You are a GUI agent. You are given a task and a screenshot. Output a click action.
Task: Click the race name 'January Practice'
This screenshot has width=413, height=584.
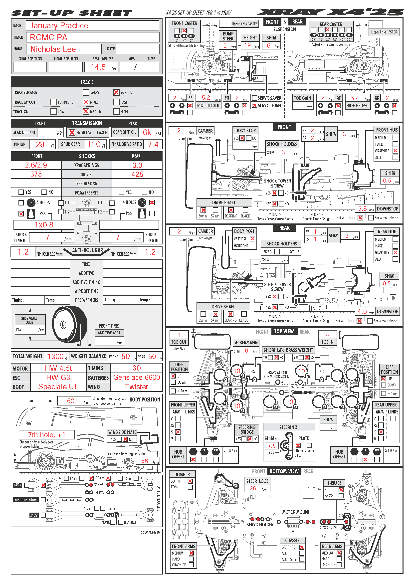tap(59, 25)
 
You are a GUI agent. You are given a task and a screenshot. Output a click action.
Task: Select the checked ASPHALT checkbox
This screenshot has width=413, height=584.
tap(116, 92)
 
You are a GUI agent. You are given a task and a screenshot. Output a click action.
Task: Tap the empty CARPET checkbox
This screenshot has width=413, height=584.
tap(86, 92)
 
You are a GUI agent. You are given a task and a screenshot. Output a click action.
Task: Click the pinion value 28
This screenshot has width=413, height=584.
tap(40, 145)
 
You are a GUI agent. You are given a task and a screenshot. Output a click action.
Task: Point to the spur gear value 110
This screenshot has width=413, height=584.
tap(94, 145)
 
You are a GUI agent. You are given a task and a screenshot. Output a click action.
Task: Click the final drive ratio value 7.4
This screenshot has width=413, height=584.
tap(153, 145)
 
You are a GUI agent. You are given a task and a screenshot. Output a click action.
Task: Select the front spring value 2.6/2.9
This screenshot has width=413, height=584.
tap(36, 165)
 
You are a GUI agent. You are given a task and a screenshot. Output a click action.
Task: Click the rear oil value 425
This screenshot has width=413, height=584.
tap(137, 174)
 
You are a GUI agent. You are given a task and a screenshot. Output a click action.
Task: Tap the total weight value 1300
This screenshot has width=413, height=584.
tap(55, 356)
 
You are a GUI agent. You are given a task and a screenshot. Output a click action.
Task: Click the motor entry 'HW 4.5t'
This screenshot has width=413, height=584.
tap(58, 368)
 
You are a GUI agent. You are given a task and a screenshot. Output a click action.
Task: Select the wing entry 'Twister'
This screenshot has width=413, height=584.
tap(136, 387)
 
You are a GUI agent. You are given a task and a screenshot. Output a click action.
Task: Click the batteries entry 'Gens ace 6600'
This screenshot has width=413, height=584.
tap(136, 377)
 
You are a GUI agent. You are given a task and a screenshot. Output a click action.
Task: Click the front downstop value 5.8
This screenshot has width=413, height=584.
tap(362, 208)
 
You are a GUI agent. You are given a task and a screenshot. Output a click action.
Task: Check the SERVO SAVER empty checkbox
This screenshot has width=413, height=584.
tap(254, 98)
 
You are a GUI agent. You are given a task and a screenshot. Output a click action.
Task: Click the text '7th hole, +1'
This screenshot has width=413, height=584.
tap(46, 435)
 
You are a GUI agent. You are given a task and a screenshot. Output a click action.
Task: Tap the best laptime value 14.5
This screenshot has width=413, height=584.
tap(98, 67)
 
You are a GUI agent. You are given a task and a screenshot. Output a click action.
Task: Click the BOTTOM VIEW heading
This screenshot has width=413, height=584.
tap(284, 471)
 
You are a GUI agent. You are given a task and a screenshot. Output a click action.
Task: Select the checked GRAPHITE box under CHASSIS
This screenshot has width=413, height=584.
tap(302, 547)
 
